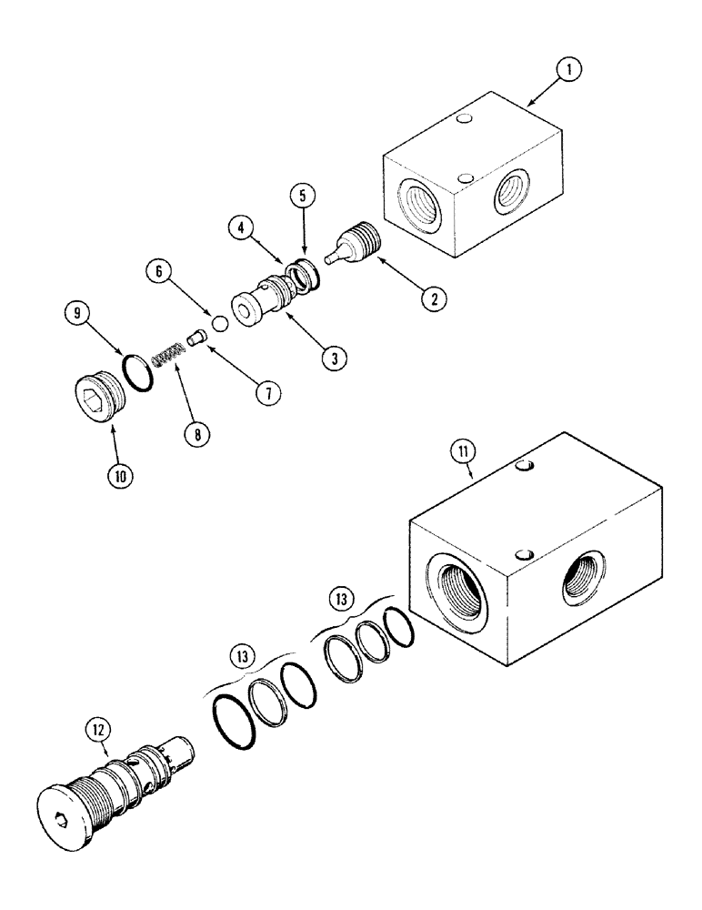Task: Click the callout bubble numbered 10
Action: (121, 473)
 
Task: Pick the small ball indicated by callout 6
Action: (218, 322)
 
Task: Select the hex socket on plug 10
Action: (89, 398)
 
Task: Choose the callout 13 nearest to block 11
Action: (339, 599)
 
